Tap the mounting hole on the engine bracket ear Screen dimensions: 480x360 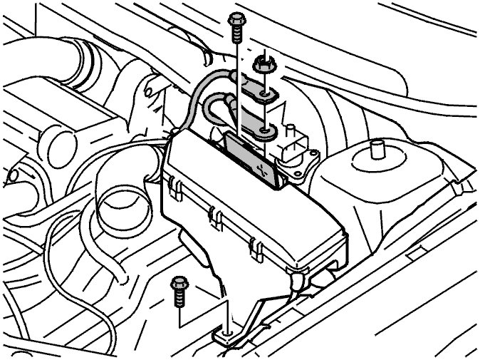[150, 91]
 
